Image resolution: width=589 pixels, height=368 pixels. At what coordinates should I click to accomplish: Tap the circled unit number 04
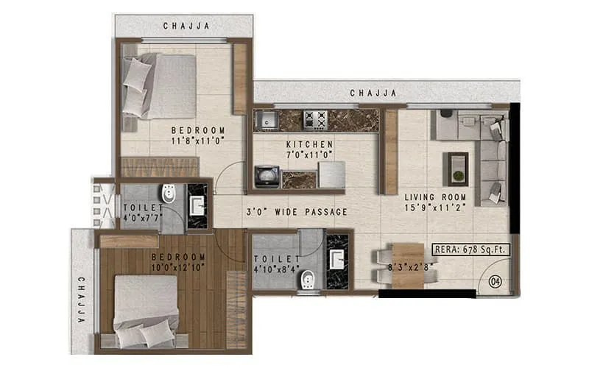tap(494, 280)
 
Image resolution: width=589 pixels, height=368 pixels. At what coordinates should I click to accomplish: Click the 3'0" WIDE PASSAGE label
tap(296, 212)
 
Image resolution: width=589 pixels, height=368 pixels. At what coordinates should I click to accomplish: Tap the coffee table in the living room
tap(458, 169)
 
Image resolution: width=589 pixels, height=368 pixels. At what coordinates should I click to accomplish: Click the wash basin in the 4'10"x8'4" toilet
tap(338, 260)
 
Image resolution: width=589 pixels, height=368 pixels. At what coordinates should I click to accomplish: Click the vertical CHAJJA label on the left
tap(81, 299)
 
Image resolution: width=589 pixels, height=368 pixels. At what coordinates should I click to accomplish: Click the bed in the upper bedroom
tap(158, 85)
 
